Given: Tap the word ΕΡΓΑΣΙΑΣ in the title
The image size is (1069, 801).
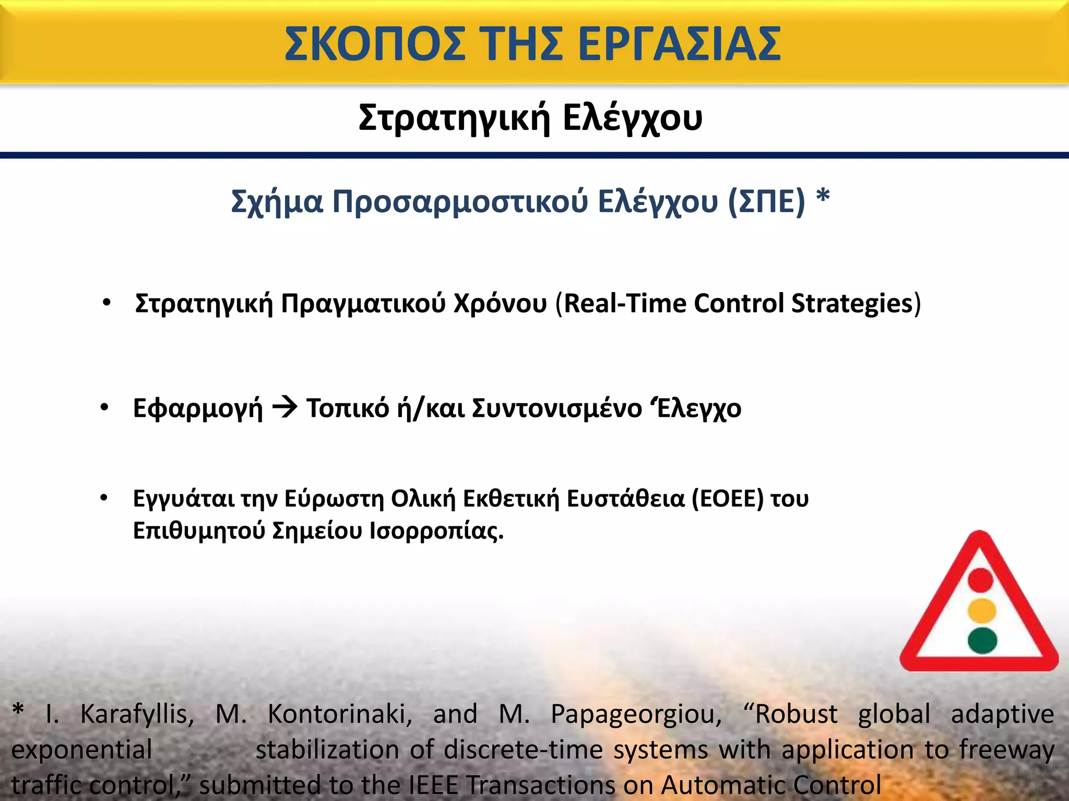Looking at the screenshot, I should pos(679,44).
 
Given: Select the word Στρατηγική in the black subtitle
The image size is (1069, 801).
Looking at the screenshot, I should pos(454,118).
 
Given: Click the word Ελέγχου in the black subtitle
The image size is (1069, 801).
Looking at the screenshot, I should pos(633,118).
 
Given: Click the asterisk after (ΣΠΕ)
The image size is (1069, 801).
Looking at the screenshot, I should pos(823,197).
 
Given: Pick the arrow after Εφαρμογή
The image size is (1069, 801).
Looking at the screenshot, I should pos(284,407).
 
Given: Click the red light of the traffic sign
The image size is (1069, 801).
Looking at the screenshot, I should pos(981,580).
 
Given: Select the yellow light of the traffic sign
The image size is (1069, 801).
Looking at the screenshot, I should pos(982,610).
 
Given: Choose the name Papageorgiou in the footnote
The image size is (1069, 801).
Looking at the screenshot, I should pos(636,714).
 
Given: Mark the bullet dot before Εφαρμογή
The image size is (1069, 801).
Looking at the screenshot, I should pos(104,407).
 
